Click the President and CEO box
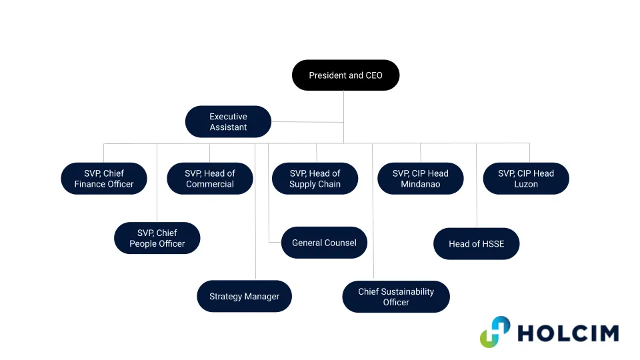click(x=345, y=75)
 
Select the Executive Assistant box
click(x=228, y=122)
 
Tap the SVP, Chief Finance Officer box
click(x=104, y=179)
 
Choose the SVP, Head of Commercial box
click(x=210, y=179)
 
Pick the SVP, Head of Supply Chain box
click(x=315, y=179)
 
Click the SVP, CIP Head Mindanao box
click(x=420, y=179)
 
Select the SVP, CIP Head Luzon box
click(x=525, y=179)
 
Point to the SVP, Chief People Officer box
click(x=157, y=238)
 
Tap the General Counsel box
click(x=324, y=243)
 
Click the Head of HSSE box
click(x=476, y=243)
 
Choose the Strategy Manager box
click(x=244, y=296)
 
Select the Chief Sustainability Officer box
click(x=396, y=297)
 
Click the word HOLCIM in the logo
click(x=567, y=333)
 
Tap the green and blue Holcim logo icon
click(x=495, y=332)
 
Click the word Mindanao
click(x=420, y=185)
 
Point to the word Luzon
click(x=525, y=185)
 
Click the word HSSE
click(x=491, y=244)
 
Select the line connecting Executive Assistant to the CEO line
click(x=307, y=122)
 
